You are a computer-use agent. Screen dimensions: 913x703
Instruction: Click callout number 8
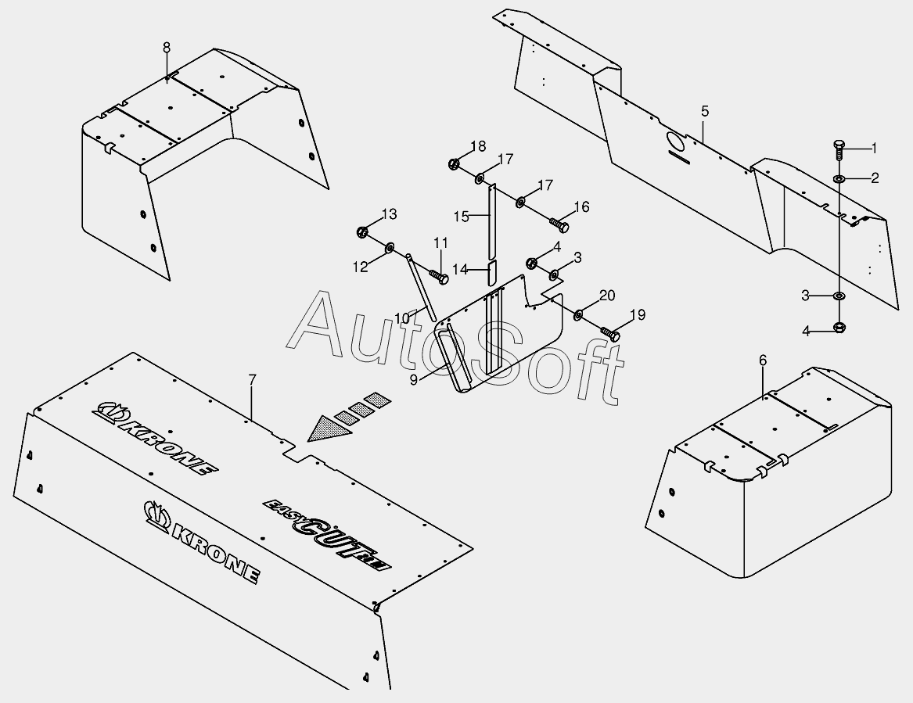coord(166,48)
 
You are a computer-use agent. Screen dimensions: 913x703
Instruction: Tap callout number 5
coord(705,111)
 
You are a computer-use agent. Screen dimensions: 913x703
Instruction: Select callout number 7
coord(252,380)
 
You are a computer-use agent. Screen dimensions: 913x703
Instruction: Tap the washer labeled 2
coord(839,180)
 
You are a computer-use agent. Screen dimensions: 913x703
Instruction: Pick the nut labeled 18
coord(453,164)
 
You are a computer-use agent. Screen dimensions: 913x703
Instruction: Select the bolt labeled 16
coord(560,224)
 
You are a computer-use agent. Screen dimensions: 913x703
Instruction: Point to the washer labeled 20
coord(578,315)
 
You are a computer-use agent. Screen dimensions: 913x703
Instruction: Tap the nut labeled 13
coord(362,231)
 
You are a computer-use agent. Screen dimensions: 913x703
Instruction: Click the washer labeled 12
coord(390,249)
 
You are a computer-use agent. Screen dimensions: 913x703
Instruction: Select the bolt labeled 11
coord(438,275)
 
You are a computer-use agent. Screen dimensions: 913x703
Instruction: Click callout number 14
coord(459,269)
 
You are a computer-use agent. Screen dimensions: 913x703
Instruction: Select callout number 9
coord(413,378)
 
